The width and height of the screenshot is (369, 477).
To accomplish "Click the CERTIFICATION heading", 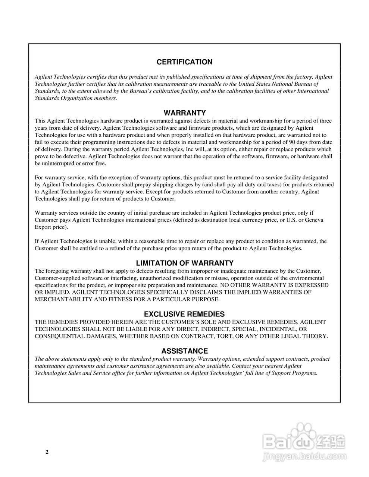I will (184, 62).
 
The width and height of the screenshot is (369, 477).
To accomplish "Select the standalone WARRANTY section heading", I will (185, 113).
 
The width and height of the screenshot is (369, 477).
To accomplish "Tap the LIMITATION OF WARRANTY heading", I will (185, 263).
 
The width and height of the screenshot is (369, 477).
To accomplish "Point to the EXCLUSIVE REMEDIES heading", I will (184, 314).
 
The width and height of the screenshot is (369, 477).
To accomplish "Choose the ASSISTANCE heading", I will (184, 351).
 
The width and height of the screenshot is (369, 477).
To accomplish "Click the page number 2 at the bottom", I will (47, 452).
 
